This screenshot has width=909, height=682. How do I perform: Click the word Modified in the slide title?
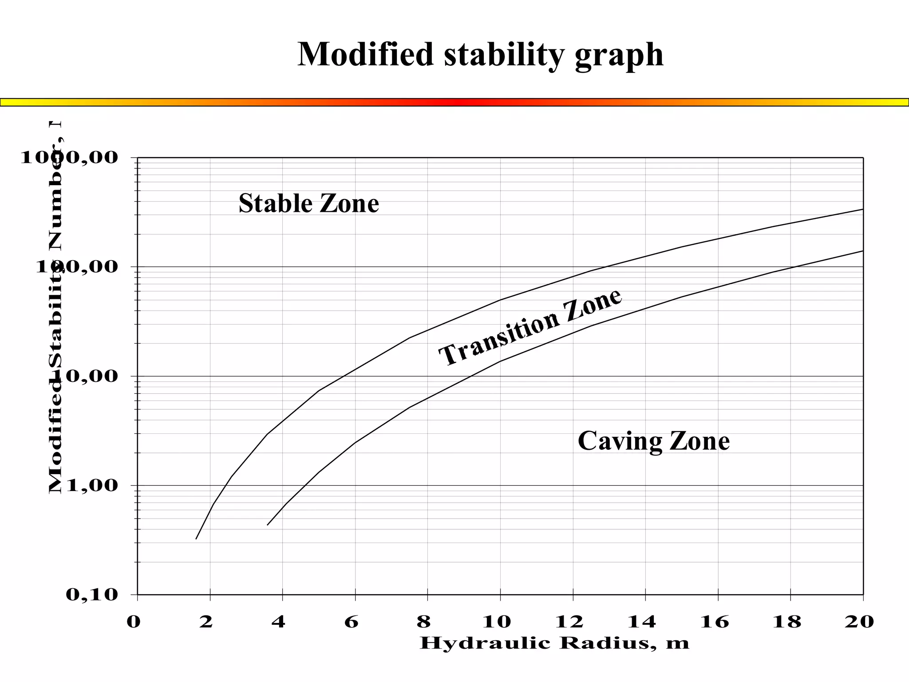point(365,54)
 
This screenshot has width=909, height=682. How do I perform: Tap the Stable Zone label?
point(308,203)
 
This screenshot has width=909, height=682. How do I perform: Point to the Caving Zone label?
point(653,441)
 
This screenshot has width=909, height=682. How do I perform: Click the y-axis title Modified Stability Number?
point(56,306)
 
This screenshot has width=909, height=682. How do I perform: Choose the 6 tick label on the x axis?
point(351,622)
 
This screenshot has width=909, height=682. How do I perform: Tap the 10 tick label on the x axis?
point(497,622)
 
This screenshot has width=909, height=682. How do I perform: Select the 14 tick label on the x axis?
point(641,622)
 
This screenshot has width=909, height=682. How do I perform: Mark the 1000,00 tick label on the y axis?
point(63,157)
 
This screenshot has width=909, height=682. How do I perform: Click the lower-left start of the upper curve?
point(196,539)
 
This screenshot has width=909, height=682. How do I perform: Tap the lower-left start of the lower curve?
point(267,525)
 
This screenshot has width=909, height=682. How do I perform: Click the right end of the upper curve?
point(862,209)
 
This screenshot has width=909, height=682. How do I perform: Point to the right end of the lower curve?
point(862,251)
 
